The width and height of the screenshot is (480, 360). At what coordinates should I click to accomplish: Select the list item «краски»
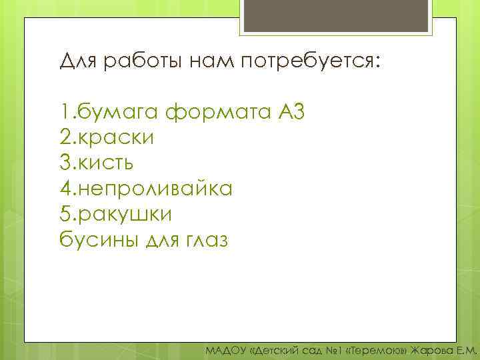[116, 137]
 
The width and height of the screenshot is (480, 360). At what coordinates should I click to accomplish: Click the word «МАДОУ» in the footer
[225, 350]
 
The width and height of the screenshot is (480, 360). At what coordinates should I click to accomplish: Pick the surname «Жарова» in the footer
[433, 350]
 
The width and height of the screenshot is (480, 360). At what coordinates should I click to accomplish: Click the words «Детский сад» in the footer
[283, 350]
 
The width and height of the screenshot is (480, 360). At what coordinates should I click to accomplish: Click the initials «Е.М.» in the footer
[467, 350]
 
